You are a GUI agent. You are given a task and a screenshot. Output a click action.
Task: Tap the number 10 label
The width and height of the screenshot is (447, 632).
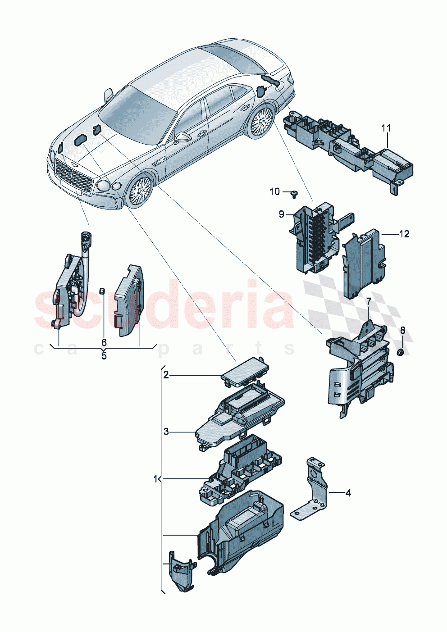(x=275, y=192)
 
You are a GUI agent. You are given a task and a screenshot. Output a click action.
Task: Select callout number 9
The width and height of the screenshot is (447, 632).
(x=282, y=214)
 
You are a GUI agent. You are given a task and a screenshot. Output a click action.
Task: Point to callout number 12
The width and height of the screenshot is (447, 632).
(x=404, y=234)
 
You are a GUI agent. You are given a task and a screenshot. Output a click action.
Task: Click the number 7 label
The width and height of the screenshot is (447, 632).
(x=369, y=301)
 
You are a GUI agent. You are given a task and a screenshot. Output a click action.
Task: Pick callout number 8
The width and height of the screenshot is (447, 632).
(x=402, y=330)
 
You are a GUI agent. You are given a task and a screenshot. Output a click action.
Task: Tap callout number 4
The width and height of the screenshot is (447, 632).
(x=347, y=493)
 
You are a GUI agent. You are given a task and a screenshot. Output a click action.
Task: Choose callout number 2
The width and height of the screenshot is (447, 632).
(x=166, y=375)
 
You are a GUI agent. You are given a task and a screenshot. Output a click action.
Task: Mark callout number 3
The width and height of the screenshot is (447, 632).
(x=166, y=432)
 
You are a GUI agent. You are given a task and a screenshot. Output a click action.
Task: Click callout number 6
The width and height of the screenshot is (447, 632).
(x=104, y=342)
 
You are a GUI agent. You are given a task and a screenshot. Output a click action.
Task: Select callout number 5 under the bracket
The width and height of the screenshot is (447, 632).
(x=104, y=356)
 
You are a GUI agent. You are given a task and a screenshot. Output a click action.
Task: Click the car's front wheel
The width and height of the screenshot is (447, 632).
(x=140, y=190)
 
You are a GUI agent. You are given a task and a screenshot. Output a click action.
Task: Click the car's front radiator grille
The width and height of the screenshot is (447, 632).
(x=73, y=176)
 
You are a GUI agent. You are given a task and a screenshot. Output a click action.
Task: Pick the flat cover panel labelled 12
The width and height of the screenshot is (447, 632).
(x=364, y=264)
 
